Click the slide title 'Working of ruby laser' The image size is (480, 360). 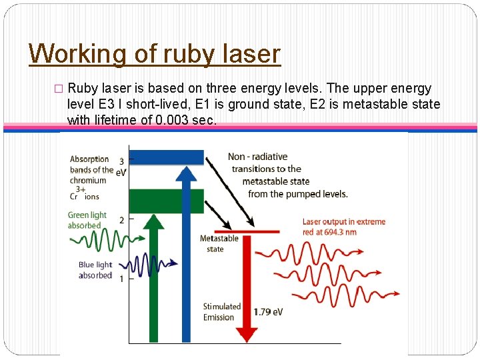155,53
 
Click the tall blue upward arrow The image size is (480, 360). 187,253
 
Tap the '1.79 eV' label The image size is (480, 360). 268,312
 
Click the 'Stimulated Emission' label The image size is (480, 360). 221,312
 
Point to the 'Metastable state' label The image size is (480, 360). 219,243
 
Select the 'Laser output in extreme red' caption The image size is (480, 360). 343,227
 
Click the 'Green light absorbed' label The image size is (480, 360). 87,220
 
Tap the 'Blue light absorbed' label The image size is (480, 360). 95,270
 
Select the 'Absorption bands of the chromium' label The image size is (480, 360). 89,169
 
